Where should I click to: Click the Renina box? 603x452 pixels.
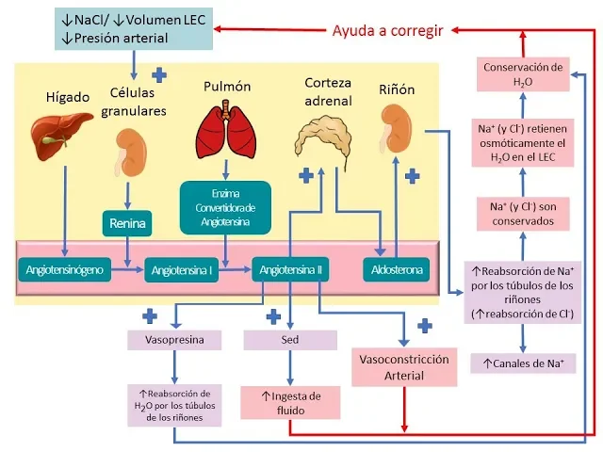coord(126,224)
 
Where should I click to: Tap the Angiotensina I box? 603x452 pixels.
coord(181,271)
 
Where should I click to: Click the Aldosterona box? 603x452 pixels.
coord(396,270)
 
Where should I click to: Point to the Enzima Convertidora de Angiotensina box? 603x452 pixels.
coord(226,206)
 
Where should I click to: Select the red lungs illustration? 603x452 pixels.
coord(226,134)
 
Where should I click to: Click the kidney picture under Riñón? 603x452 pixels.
coord(396,130)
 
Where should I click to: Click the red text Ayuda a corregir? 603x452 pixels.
coord(387,30)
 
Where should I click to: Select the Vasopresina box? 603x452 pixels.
coord(173,339)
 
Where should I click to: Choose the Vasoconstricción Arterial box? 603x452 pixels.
coord(403,367)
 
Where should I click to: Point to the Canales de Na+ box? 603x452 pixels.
coord(523,362)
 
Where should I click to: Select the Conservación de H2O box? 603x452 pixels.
coord(523,74)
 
